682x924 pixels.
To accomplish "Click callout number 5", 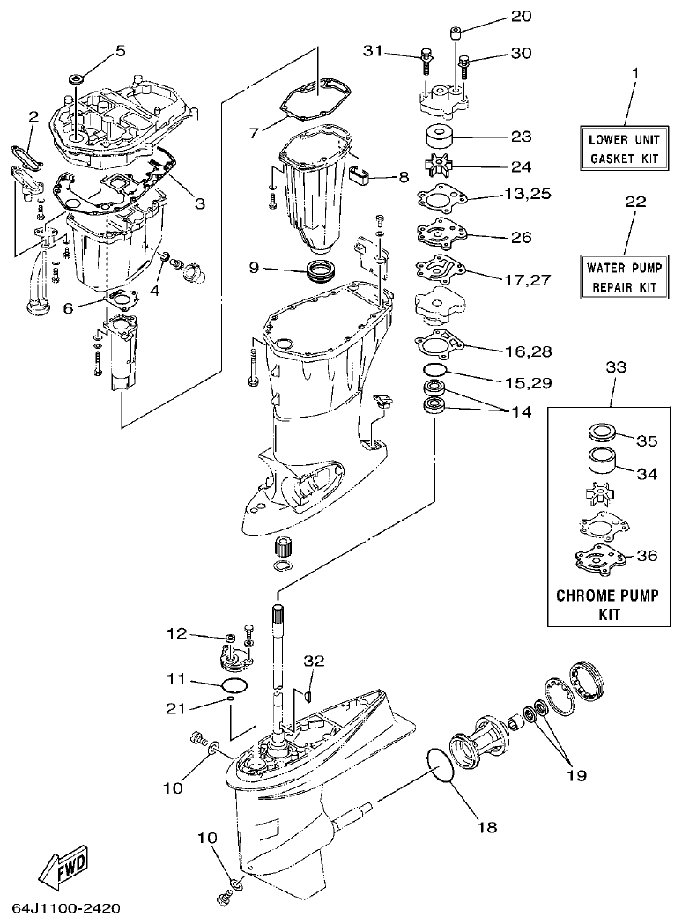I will (x=121, y=49).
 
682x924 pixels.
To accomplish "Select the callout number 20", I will (x=522, y=17).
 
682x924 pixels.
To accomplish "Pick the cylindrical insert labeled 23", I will (x=437, y=138).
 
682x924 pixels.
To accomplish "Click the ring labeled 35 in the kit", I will (x=601, y=433).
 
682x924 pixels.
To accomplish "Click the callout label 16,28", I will (x=528, y=351).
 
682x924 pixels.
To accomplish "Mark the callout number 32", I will (x=315, y=661).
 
